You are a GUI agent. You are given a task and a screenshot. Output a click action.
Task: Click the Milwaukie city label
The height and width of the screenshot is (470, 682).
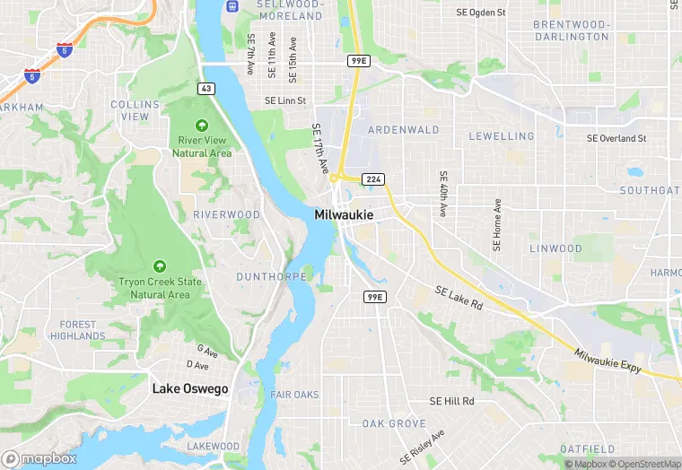coord(344,215)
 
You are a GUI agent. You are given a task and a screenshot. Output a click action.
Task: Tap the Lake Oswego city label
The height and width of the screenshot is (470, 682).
coord(189,389)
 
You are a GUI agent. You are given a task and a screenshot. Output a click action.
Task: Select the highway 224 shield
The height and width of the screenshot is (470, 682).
coord(374,180)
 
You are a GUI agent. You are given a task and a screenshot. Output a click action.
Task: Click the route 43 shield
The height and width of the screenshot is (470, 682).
coord(206,88)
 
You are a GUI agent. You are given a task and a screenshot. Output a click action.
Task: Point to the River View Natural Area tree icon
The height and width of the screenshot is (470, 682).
coord(202,126)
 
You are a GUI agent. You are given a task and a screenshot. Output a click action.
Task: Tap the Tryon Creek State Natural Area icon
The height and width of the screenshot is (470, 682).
coord(159,266)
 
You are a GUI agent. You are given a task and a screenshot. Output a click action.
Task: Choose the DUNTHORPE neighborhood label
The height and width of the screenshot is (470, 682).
coord(271,277)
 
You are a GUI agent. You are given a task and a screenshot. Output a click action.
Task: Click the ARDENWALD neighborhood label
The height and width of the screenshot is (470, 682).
coord(403,130)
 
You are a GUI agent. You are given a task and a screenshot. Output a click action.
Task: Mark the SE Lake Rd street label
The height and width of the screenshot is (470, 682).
coord(459,299)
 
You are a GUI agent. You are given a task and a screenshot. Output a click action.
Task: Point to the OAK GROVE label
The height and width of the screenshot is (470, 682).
coord(394,423)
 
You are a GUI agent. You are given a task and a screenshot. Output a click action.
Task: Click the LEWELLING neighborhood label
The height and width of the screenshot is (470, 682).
coord(501,136)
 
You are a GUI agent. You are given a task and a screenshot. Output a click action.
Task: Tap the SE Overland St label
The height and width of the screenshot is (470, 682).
coord(616,139)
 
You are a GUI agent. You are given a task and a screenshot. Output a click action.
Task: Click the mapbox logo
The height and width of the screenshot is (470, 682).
coord(39,458)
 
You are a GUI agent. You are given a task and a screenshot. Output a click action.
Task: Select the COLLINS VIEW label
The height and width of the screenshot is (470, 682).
coord(136,110)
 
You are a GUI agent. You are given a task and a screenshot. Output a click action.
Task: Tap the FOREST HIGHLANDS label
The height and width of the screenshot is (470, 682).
coord(77,330)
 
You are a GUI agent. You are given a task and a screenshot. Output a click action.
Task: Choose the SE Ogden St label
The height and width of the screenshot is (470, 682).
coord(481,13)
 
